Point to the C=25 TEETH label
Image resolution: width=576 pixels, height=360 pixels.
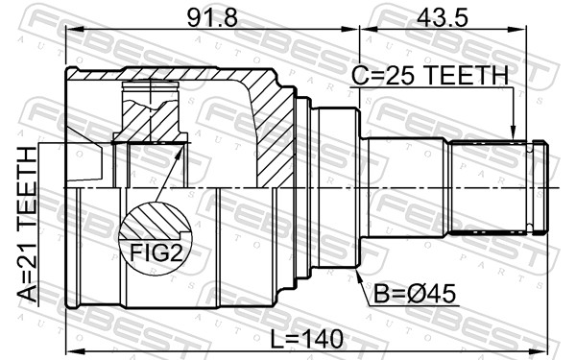click(x=430, y=75)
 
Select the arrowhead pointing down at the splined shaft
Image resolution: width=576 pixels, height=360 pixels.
click(x=514, y=135)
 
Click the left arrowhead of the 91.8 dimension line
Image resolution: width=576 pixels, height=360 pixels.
click(x=72, y=29)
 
